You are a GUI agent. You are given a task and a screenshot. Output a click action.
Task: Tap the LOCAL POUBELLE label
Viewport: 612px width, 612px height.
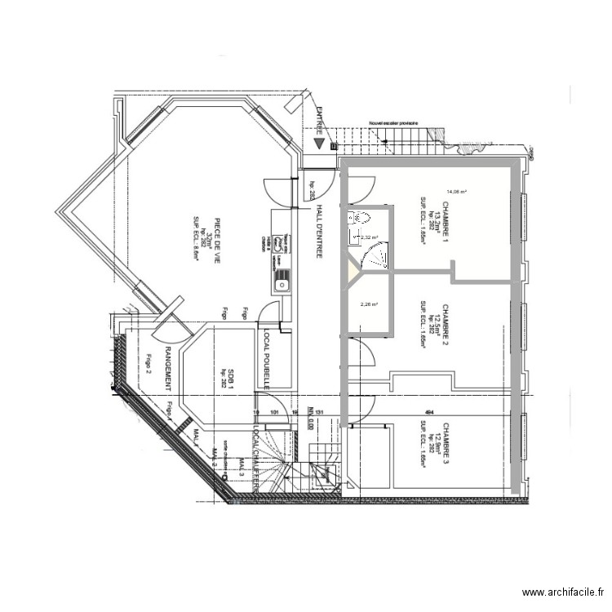[x=266, y=360]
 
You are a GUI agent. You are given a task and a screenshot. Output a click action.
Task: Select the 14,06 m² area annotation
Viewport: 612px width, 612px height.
[x=455, y=193]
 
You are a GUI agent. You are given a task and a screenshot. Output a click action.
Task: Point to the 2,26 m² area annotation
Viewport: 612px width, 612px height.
[x=370, y=305]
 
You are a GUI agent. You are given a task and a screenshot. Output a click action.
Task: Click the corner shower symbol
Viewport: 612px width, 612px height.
[x=375, y=259]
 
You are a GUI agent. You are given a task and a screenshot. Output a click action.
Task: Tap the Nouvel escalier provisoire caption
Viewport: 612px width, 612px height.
[x=394, y=122]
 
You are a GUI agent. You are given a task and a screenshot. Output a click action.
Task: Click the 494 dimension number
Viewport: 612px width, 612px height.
[x=428, y=413]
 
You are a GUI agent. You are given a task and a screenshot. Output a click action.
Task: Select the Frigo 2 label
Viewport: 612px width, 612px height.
[x=149, y=361]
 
